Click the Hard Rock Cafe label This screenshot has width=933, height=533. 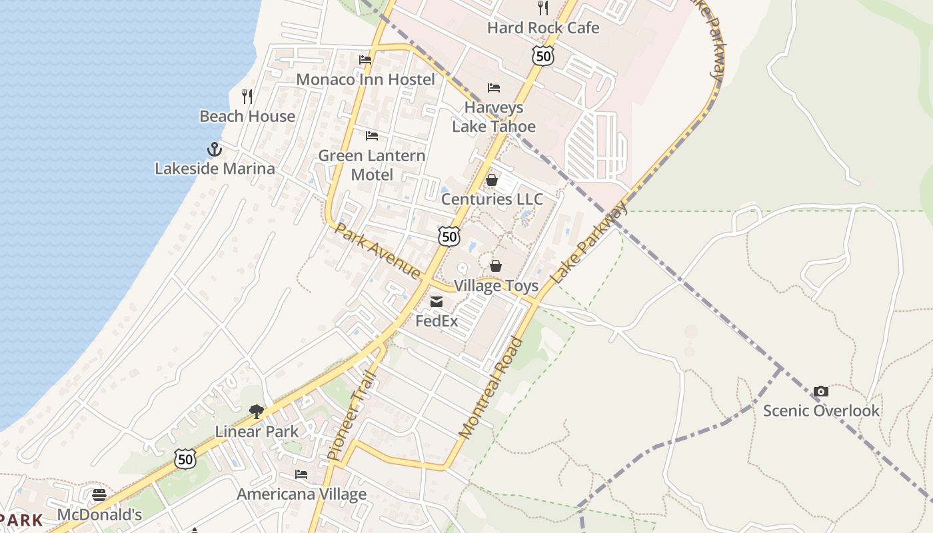point(543,28)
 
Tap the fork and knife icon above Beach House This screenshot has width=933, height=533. point(247,97)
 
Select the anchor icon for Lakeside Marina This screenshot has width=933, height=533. point(214,149)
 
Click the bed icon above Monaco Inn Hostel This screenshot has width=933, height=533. point(365,60)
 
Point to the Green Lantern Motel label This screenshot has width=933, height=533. point(372,165)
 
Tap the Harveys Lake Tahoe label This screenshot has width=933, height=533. point(494,117)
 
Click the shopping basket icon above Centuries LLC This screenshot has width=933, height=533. point(492,180)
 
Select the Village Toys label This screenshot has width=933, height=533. point(496,286)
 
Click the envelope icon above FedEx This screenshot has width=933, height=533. point(437,302)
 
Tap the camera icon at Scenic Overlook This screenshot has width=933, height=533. point(821,391)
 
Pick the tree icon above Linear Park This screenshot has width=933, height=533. point(257,412)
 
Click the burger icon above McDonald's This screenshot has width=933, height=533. point(99,495)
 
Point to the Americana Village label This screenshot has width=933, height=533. point(302,494)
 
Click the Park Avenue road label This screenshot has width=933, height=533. point(377,251)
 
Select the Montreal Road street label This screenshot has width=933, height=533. point(492,388)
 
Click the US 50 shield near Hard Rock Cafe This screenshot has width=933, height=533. point(543,56)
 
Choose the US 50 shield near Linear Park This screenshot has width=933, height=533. point(186,458)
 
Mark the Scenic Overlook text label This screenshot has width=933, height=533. point(821,410)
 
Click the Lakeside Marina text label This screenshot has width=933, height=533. point(215,169)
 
